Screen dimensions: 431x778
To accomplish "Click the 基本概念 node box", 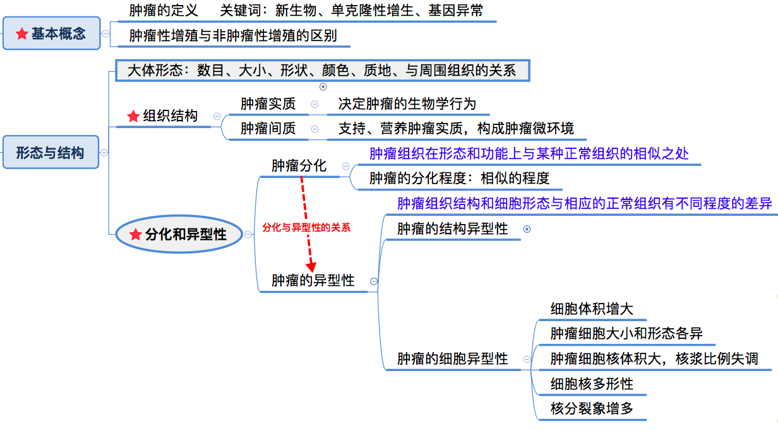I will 52,33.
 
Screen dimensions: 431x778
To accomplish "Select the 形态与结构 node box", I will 51,152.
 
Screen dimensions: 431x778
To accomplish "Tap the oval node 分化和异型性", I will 180,234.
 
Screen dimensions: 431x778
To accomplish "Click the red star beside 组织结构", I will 133,116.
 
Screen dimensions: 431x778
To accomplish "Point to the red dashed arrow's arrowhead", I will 311,267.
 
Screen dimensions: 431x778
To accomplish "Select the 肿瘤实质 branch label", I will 268,103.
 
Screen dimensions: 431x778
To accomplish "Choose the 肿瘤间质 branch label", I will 268,129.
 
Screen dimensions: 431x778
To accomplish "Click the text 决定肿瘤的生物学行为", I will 407,103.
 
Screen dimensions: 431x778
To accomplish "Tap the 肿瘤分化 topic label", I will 299,166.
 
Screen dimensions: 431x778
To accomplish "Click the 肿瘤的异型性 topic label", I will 313,280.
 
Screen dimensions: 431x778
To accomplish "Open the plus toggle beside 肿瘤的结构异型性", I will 527,230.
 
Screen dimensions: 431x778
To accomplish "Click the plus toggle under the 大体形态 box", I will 323,87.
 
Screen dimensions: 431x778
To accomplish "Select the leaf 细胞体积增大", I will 592,309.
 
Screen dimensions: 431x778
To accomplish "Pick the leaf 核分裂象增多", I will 592,408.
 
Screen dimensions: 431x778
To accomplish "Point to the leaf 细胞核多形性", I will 592,384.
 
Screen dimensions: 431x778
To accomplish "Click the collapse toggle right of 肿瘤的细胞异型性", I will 526,359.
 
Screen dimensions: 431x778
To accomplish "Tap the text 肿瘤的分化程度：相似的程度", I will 459,179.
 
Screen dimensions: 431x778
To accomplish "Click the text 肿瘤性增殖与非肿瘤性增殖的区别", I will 233,35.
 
